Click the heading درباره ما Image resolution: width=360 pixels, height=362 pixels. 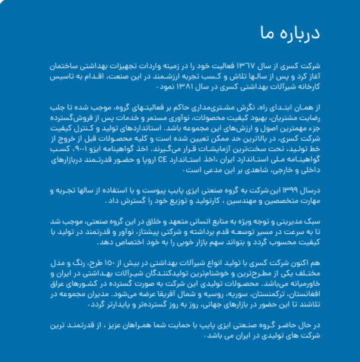pos(289,33)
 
